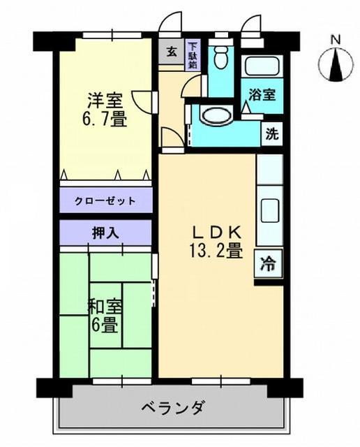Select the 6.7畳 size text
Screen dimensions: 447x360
point(105,119)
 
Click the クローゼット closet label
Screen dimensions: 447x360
point(105,200)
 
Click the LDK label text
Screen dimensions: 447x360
point(216,231)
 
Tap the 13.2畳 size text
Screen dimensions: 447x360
point(216,250)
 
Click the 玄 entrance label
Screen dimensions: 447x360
point(170,51)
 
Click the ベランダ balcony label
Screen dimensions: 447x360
point(172,406)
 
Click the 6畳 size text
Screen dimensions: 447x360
point(103,325)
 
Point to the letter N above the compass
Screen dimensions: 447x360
point(335,40)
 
